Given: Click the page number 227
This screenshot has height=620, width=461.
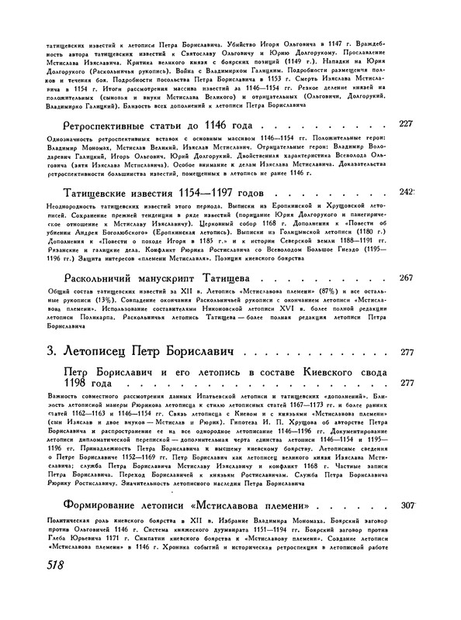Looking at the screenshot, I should click(405, 124).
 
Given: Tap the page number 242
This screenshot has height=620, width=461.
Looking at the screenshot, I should click(405, 191).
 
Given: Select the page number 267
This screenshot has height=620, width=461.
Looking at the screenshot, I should click(405, 277).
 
